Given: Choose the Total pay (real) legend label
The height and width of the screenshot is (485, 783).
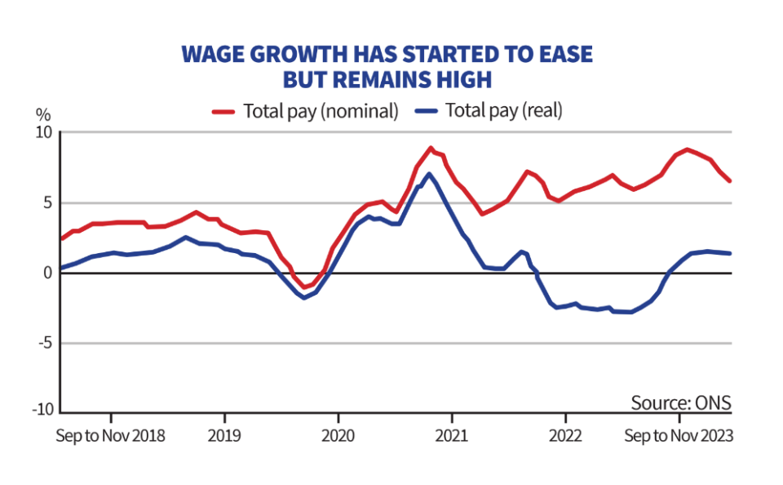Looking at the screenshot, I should [503, 111].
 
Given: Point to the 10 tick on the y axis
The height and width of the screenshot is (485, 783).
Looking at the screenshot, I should [43, 133].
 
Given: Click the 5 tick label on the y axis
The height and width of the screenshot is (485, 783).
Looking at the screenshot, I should [47, 203].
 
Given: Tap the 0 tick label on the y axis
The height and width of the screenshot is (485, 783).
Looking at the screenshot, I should [47, 274].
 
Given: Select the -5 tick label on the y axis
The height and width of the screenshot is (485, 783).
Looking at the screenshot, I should [44, 344].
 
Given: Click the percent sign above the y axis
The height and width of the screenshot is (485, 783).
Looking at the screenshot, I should [42, 113].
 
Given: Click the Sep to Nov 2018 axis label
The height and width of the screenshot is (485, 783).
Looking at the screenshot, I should [110, 435].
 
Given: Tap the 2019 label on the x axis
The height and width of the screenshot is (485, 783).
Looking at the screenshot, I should [224, 435].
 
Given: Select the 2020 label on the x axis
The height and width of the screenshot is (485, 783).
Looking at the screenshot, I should [338, 435].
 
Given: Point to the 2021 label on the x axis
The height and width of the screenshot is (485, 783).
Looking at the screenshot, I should [452, 435].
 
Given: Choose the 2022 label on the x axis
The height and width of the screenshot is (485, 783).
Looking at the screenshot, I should [565, 435].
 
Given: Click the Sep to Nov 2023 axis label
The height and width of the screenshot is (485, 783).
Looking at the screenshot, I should [679, 435].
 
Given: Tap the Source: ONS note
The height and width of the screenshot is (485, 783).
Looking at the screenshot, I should [681, 403].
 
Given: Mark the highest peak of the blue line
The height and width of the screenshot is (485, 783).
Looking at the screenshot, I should [429, 173].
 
